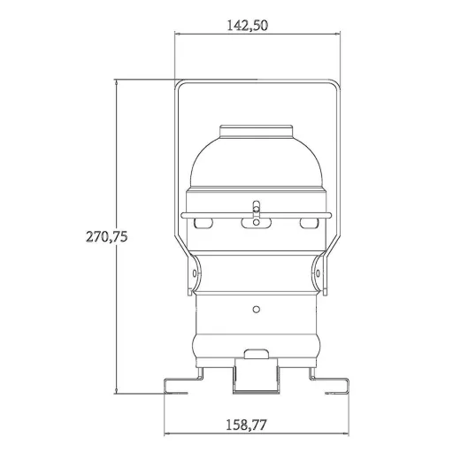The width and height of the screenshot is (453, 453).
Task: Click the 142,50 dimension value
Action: [x=248, y=26]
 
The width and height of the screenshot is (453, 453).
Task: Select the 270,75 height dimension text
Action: [x=106, y=236]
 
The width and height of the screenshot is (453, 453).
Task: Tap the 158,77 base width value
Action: [x=246, y=425]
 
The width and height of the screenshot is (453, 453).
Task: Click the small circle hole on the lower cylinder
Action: [x=257, y=310]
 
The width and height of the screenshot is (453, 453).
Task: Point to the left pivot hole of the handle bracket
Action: [x=195, y=273]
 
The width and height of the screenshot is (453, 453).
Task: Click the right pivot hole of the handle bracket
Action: [x=318, y=273]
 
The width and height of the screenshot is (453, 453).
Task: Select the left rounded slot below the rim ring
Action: [x=203, y=223]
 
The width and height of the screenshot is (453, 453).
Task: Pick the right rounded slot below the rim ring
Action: [x=309, y=223]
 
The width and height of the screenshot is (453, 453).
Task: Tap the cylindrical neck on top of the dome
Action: [x=257, y=132]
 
